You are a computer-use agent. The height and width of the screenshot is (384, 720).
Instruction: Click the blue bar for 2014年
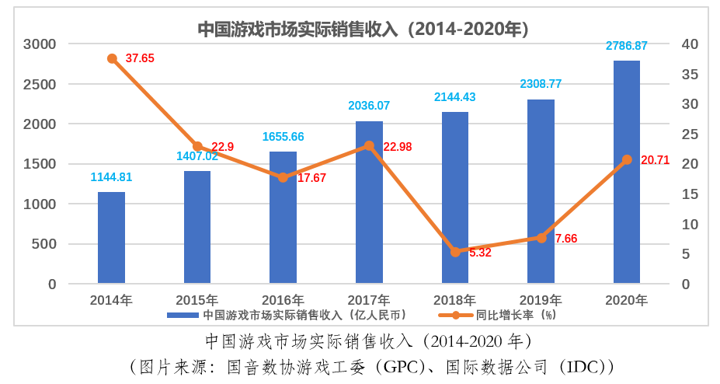coord(111,237)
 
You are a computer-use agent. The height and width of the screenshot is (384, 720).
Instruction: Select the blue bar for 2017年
coord(369,202)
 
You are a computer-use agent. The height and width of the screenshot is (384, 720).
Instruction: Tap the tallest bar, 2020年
coord(626,171)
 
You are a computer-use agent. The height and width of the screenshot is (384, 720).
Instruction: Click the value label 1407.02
coord(197,156)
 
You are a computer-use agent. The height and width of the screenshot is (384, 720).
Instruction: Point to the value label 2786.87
coord(627,46)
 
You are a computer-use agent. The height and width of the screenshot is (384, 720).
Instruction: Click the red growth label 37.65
coord(141,58)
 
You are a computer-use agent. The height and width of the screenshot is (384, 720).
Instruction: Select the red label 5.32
coord(480,253)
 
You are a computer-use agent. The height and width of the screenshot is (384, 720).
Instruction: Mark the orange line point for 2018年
coord(455,252)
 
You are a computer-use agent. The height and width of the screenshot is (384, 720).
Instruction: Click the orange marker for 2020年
coord(627,159)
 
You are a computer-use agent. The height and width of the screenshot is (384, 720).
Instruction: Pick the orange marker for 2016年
coord(283,177)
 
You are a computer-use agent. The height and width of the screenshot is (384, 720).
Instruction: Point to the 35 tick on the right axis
coord(691,75)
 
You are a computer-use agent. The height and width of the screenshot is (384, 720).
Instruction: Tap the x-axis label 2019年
coord(541,300)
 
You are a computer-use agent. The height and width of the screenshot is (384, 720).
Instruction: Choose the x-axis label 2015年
coord(197,300)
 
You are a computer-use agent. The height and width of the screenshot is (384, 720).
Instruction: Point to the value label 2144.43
coord(455,97)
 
